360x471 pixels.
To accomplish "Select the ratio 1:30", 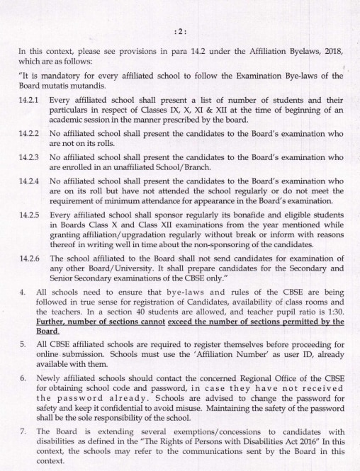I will (332, 312).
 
